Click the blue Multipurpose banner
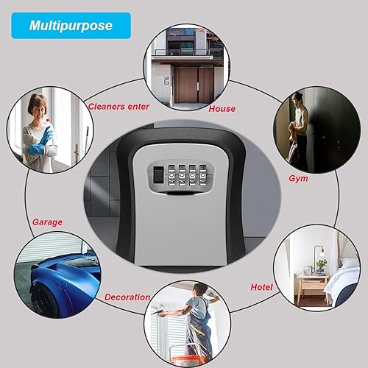(71, 26)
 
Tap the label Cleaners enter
(118, 107)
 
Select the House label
(222, 109)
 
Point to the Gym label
(298, 178)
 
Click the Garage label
(47, 222)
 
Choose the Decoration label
(127, 297)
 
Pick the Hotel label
(261, 287)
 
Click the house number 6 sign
(167, 80)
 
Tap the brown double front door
(194, 85)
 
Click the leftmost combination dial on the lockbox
(171, 175)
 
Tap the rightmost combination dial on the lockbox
(202, 175)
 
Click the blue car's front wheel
(42, 302)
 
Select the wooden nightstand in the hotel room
(312, 289)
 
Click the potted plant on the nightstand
(321, 267)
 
